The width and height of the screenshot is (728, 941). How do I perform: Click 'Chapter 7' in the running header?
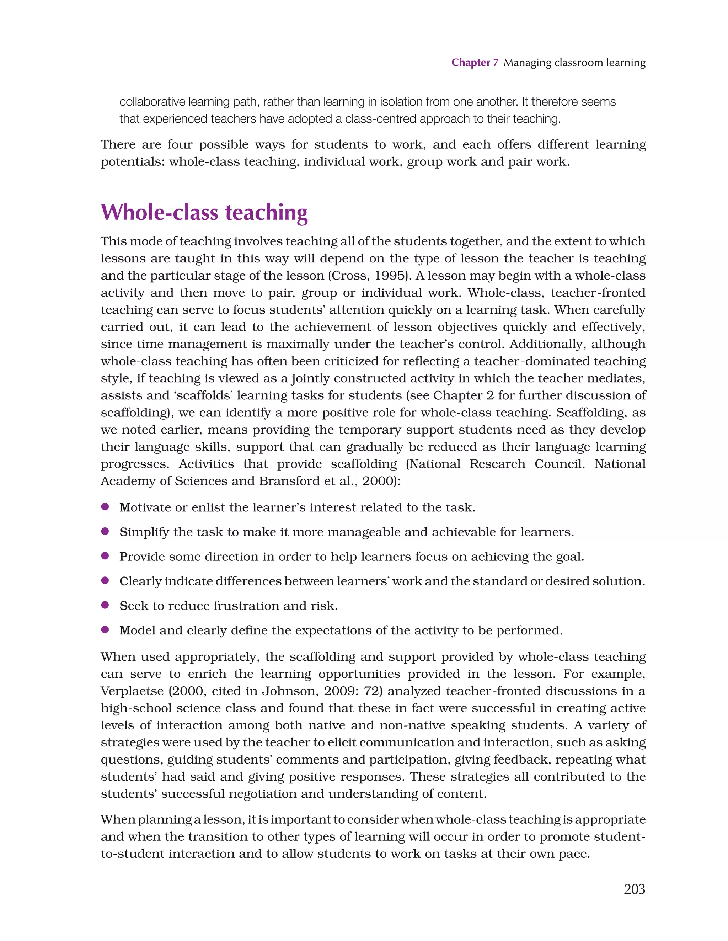click(474, 63)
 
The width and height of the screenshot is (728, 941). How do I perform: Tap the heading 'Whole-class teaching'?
click(204, 212)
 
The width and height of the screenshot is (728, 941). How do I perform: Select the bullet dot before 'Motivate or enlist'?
click(105, 507)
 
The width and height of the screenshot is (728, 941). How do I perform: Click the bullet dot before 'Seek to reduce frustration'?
click(105, 605)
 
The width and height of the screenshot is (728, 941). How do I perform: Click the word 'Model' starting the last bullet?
click(136, 630)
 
